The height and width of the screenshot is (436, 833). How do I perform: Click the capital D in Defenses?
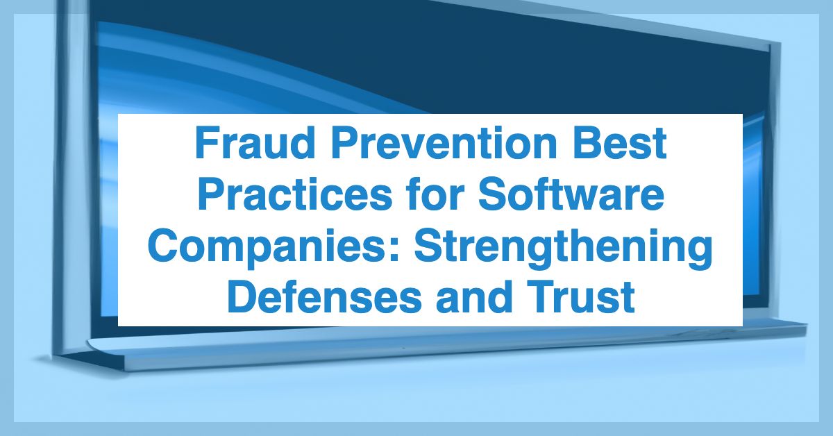tap(240, 299)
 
